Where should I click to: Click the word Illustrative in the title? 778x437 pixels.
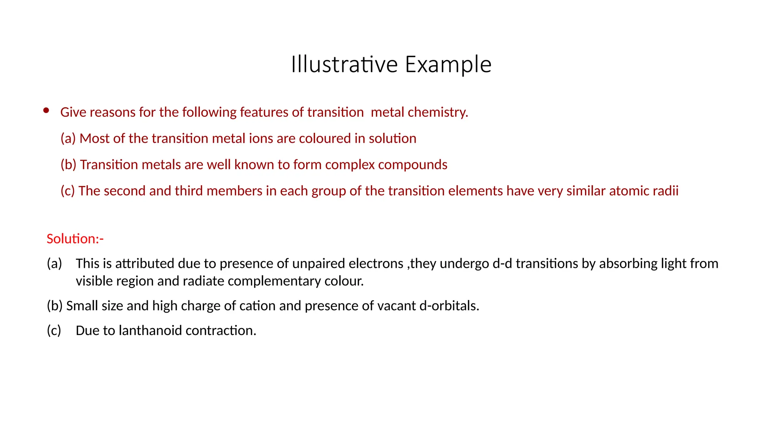[344, 64]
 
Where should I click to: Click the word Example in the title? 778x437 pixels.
[448, 64]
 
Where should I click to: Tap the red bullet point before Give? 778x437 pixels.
[46, 111]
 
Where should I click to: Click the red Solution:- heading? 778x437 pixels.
[75, 239]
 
